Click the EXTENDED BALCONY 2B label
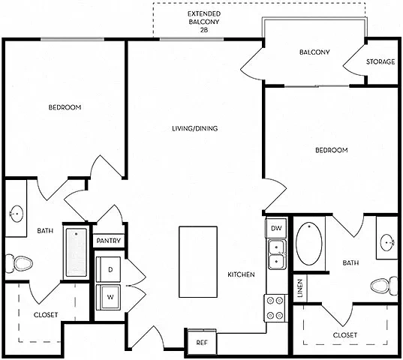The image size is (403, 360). [204, 22]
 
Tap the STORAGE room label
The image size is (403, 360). [380, 61]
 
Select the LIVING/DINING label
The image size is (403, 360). [195, 128]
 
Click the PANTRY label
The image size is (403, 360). [109, 241]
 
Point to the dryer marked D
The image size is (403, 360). [108, 269]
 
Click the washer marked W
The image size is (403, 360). [108, 297]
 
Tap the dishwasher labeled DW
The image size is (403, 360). [276, 228]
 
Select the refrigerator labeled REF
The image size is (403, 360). [202, 343]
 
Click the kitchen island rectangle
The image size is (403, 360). [198, 262]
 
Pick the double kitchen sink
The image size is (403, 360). [277, 254]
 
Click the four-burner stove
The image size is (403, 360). [275, 307]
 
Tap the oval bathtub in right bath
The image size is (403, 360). [308, 244]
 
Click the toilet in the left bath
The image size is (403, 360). [19, 263]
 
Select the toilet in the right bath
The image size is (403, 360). [384, 286]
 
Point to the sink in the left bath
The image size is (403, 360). [16, 214]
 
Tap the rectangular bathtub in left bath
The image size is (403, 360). [76, 253]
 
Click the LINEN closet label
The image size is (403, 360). [300, 288]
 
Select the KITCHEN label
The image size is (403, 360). [241, 274]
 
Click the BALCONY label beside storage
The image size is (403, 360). [314, 52]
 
